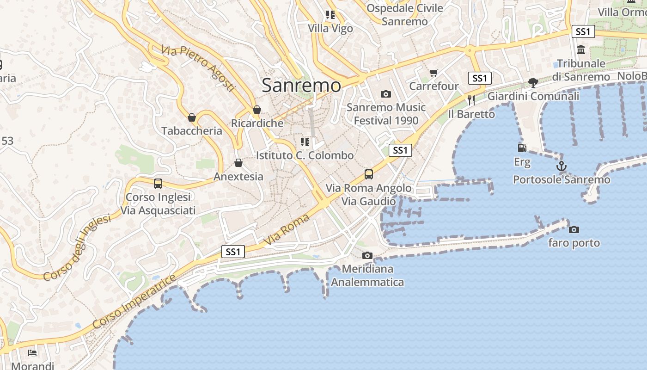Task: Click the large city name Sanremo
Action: point(301,85)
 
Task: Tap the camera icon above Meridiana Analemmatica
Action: point(367,255)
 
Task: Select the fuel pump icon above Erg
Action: point(522,148)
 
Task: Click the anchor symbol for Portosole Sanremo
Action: point(562,166)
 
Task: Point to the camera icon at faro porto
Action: point(574,229)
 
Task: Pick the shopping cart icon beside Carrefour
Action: point(433,73)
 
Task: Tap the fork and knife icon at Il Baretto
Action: point(471,100)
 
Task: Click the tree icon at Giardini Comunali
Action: point(533,83)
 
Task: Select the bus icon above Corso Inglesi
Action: point(158,184)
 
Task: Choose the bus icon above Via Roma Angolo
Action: point(368,174)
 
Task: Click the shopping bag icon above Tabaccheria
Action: point(192,117)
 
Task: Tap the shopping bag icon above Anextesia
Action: point(238,163)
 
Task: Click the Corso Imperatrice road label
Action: point(134,301)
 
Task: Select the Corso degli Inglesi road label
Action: point(78,248)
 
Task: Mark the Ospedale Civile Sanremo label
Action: point(405,15)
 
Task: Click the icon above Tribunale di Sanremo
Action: point(581,49)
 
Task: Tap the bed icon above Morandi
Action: point(32,353)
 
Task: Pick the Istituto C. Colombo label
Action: point(305,155)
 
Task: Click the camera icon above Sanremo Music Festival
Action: point(386,94)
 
